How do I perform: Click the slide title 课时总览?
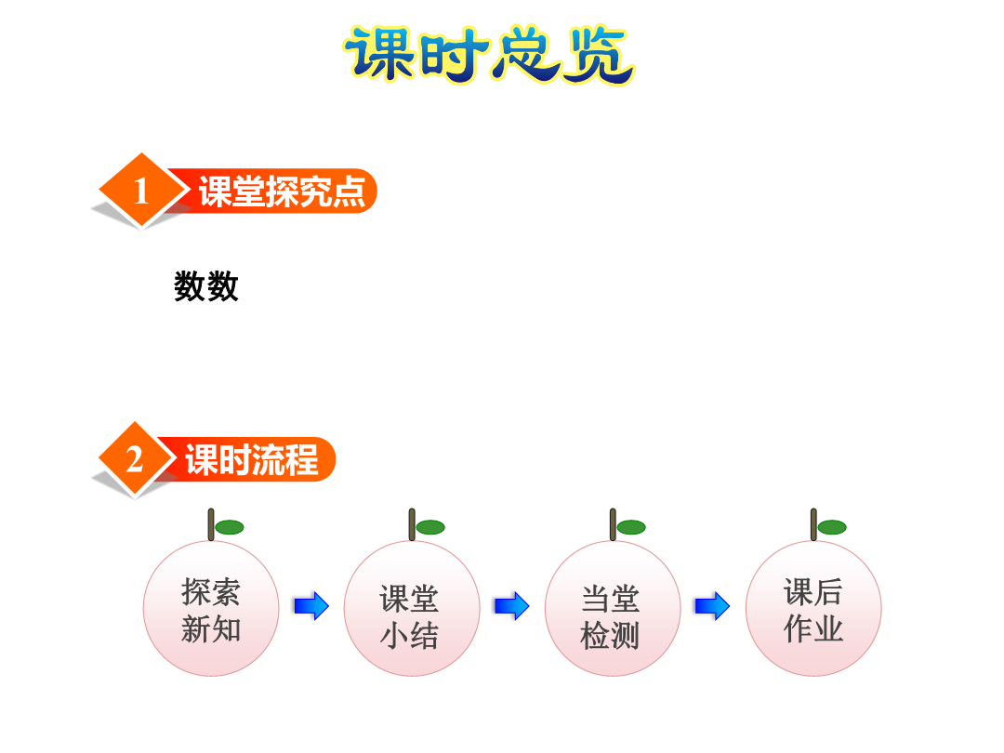tap(489, 55)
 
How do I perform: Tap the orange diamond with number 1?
tap(142, 191)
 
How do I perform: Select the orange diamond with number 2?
tap(135, 458)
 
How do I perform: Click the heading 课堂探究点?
tap(282, 191)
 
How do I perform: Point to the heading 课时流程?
tap(252, 459)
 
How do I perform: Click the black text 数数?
tap(206, 285)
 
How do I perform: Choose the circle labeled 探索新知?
tap(211, 608)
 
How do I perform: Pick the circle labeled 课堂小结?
tap(412, 608)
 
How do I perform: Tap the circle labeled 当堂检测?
tap(613, 608)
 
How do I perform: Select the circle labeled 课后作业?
tap(813, 608)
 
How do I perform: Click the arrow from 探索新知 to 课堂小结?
tap(311, 606)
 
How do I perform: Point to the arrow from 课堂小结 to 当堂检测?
tap(511, 606)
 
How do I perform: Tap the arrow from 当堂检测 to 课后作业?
tap(712, 606)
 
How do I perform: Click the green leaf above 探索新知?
tap(230, 527)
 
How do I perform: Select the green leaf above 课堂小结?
tap(430, 527)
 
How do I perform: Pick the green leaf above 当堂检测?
tap(631, 527)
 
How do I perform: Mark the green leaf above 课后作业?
tap(832, 527)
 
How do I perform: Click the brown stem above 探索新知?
tap(211, 524)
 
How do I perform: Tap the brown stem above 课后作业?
tap(813, 524)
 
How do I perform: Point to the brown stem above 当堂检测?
tap(613, 524)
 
